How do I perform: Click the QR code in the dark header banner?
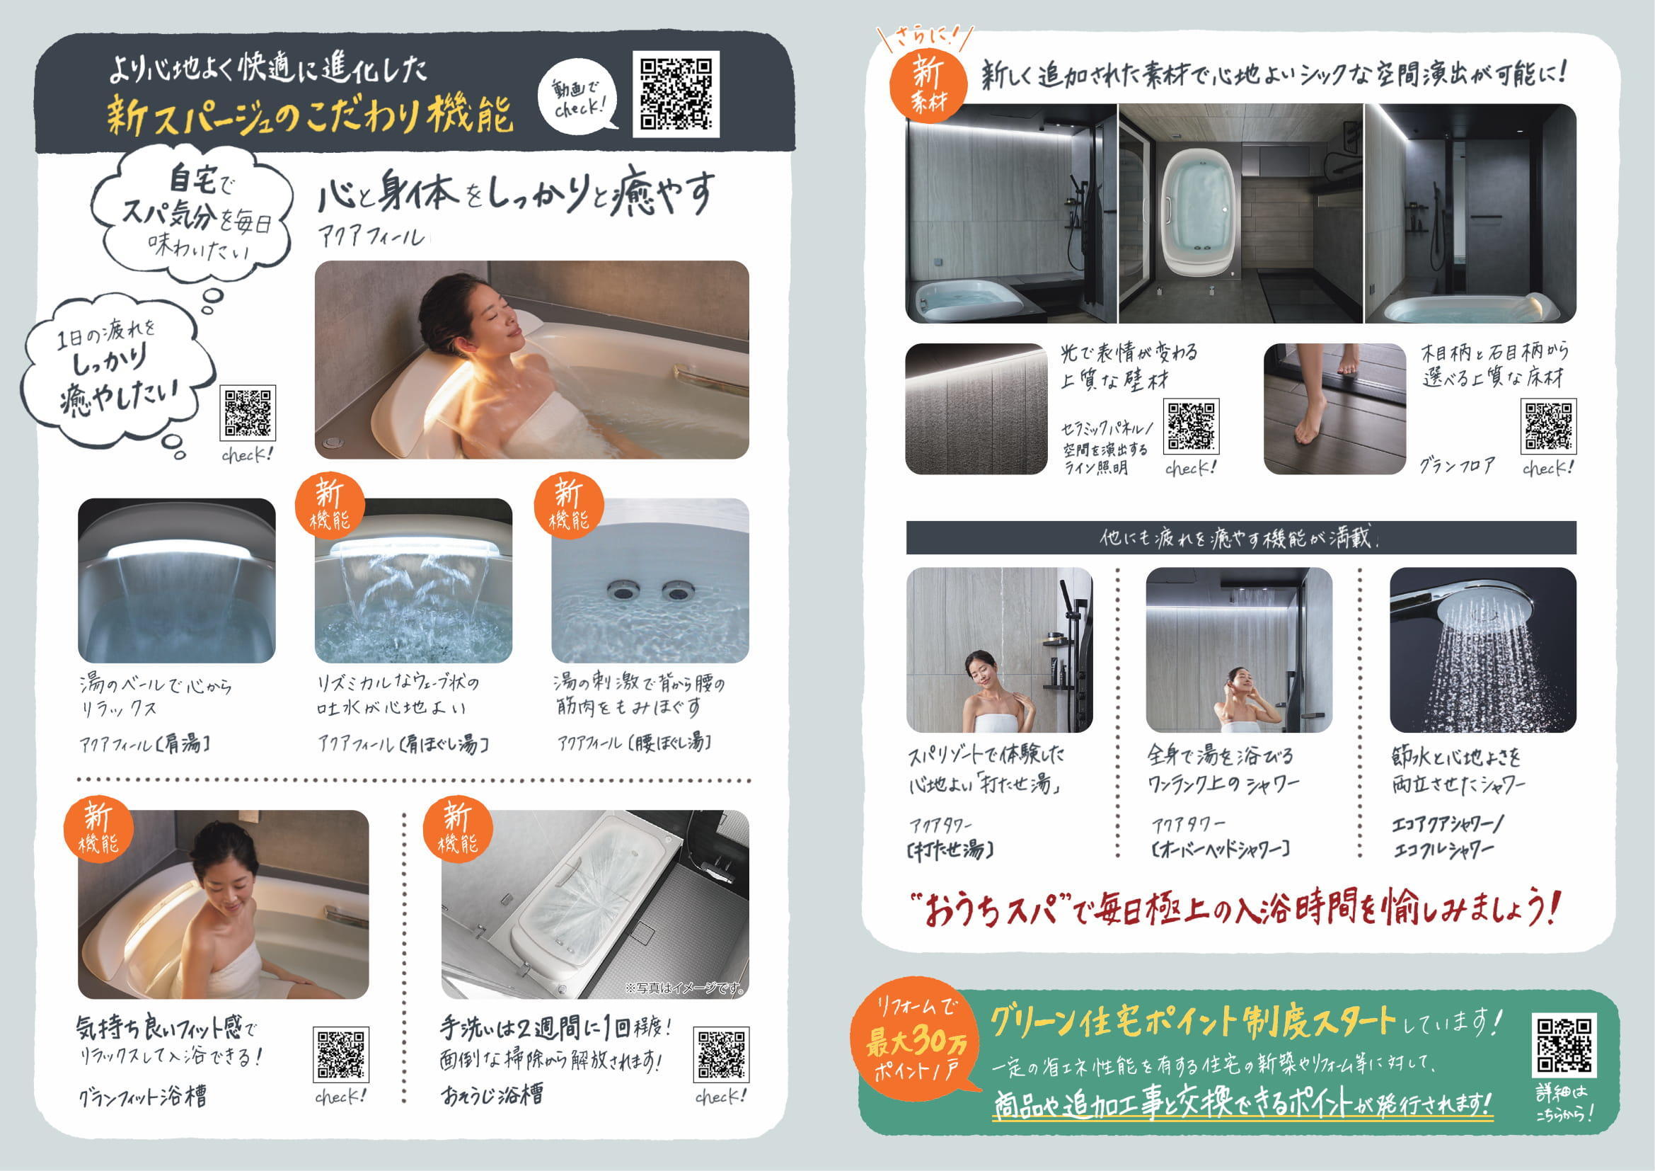coord(676,93)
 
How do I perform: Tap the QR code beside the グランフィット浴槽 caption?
coord(341,1054)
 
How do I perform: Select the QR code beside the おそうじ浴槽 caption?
coord(721,1054)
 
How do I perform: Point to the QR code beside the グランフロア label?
coord(1548,425)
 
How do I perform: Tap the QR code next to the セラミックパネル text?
coord(1192,425)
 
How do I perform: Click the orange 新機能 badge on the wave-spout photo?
coord(330,506)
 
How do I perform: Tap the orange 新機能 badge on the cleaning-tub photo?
coord(458,830)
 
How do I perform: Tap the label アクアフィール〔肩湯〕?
coord(146,743)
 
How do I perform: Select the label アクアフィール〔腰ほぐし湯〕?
coord(634,742)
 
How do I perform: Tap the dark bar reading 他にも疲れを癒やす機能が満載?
coord(1240,538)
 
